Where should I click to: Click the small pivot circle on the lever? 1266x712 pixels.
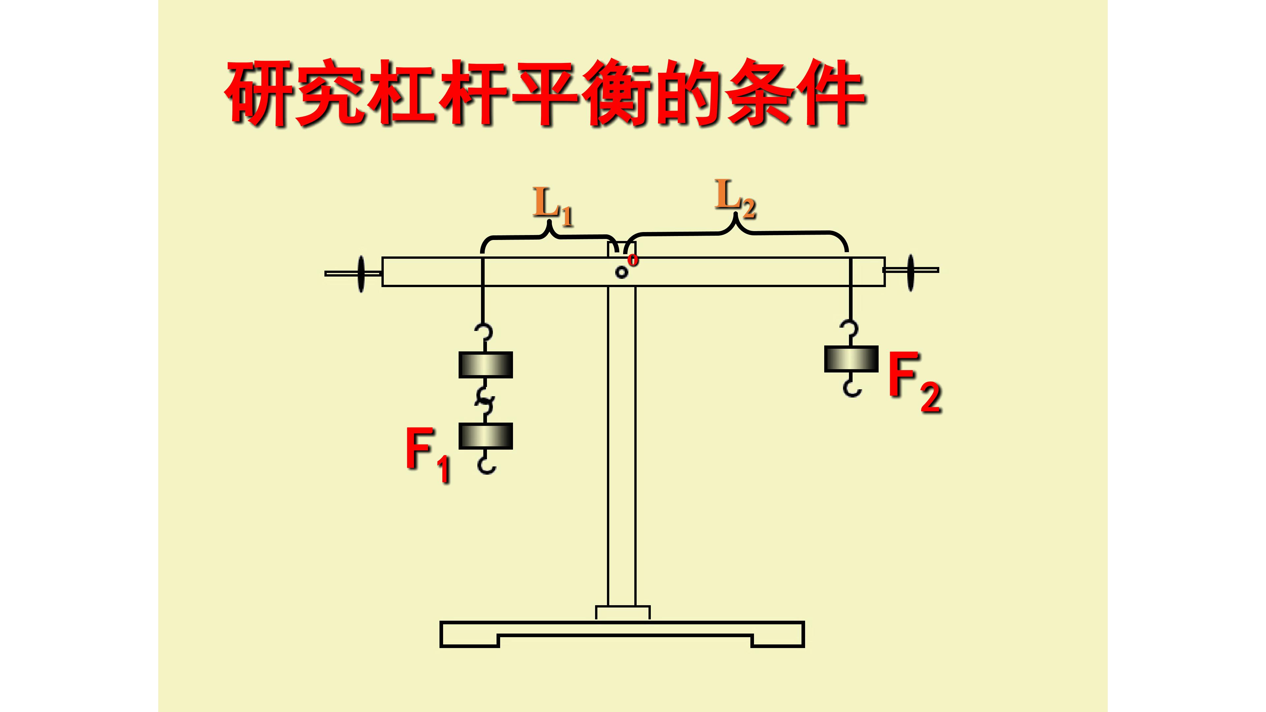[622, 272]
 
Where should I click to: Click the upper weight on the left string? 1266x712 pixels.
[486, 365]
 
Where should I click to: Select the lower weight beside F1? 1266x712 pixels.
[486, 436]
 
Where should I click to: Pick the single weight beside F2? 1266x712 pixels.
[851, 359]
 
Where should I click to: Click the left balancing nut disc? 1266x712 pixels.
[361, 274]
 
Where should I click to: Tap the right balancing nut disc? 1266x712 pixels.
[911, 273]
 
